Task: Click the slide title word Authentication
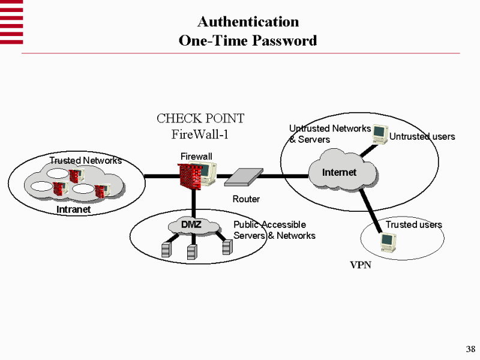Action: pyautogui.click(x=248, y=22)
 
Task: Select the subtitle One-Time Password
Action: pyautogui.click(x=248, y=41)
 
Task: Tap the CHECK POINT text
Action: pyautogui.click(x=200, y=119)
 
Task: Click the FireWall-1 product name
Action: pyautogui.click(x=200, y=133)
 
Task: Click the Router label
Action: pyautogui.click(x=246, y=199)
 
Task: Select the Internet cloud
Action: pyautogui.click(x=340, y=173)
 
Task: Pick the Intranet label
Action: pyautogui.click(x=73, y=209)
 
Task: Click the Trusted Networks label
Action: pyautogui.click(x=85, y=161)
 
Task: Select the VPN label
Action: pyautogui.click(x=361, y=265)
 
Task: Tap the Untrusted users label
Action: pyautogui.click(x=422, y=137)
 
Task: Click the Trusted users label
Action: pyautogui.click(x=413, y=224)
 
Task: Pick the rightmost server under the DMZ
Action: pyautogui.click(x=226, y=247)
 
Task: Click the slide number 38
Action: pyautogui.click(x=470, y=350)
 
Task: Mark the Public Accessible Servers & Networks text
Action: pyautogui.click(x=274, y=230)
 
